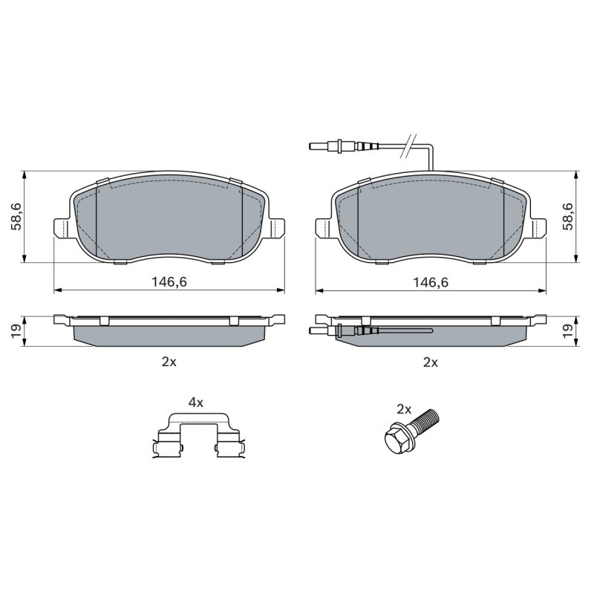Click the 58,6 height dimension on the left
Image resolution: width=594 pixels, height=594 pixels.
pyautogui.click(x=17, y=216)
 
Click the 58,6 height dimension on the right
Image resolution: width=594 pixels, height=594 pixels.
pyautogui.click(x=567, y=216)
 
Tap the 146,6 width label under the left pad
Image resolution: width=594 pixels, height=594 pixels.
pyautogui.click(x=169, y=282)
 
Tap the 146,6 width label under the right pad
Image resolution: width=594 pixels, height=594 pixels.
pyautogui.click(x=431, y=282)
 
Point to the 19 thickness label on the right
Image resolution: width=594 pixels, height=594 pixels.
pyautogui.click(x=567, y=331)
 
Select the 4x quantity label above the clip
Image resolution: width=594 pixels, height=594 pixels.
pyautogui.click(x=196, y=402)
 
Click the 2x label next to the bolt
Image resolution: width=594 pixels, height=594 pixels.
pyautogui.click(x=404, y=409)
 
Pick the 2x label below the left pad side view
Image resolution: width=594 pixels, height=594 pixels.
pyautogui.click(x=169, y=362)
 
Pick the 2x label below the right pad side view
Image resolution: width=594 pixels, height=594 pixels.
pyautogui.click(x=431, y=362)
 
